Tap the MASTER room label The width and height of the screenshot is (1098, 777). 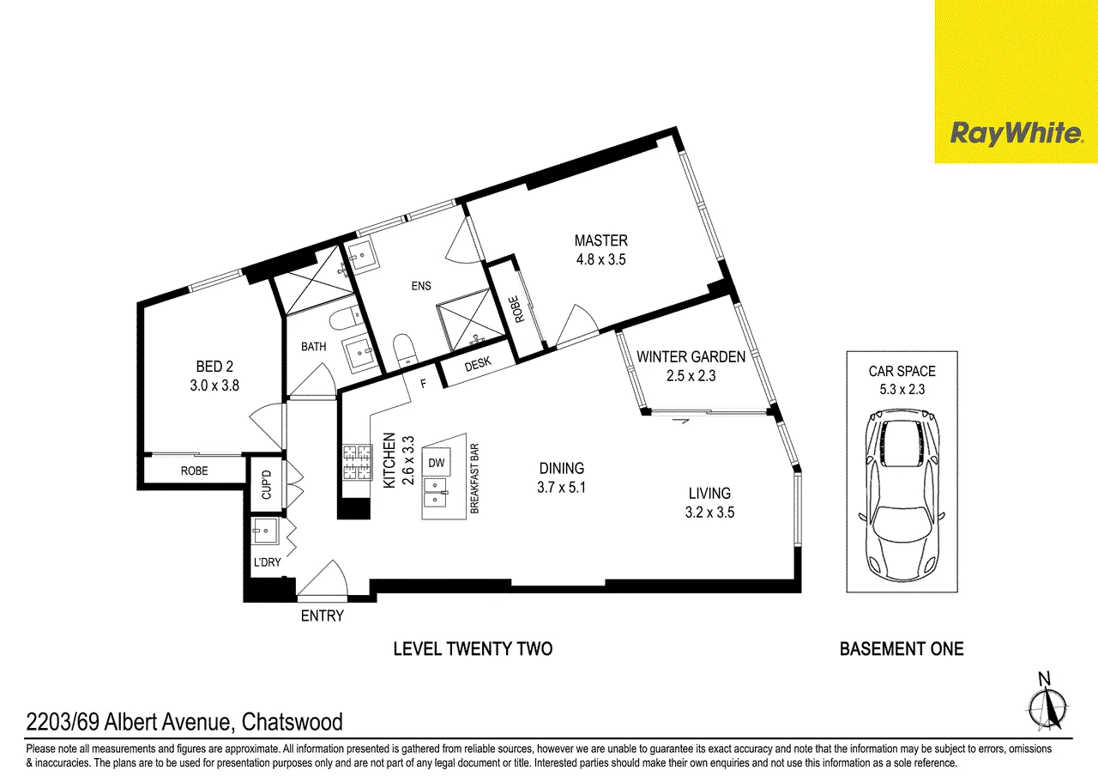[601, 240]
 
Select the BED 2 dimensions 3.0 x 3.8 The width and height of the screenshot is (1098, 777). [214, 385]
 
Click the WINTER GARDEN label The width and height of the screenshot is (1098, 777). [691, 356]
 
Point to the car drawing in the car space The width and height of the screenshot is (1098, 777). [902, 495]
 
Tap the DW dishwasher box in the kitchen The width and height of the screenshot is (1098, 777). [437, 462]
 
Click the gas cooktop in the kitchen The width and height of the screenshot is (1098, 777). [358, 462]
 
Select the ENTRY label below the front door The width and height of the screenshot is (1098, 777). [322, 616]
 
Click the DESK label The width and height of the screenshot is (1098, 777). [478, 363]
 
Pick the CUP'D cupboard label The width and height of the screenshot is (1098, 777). [267, 484]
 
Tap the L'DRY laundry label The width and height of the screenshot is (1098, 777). [267, 562]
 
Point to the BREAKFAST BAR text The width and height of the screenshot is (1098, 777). [474, 479]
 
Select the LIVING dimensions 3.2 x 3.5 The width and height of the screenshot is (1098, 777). [709, 513]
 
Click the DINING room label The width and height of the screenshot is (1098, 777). [562, 468]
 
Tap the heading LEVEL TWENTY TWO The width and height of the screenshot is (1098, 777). [473, 649]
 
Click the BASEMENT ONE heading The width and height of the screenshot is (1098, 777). [902, 649]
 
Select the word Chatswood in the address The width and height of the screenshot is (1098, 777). [293, 721]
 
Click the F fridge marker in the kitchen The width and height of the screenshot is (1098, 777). [424, 384]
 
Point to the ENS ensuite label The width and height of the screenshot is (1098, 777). [421, 286]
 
